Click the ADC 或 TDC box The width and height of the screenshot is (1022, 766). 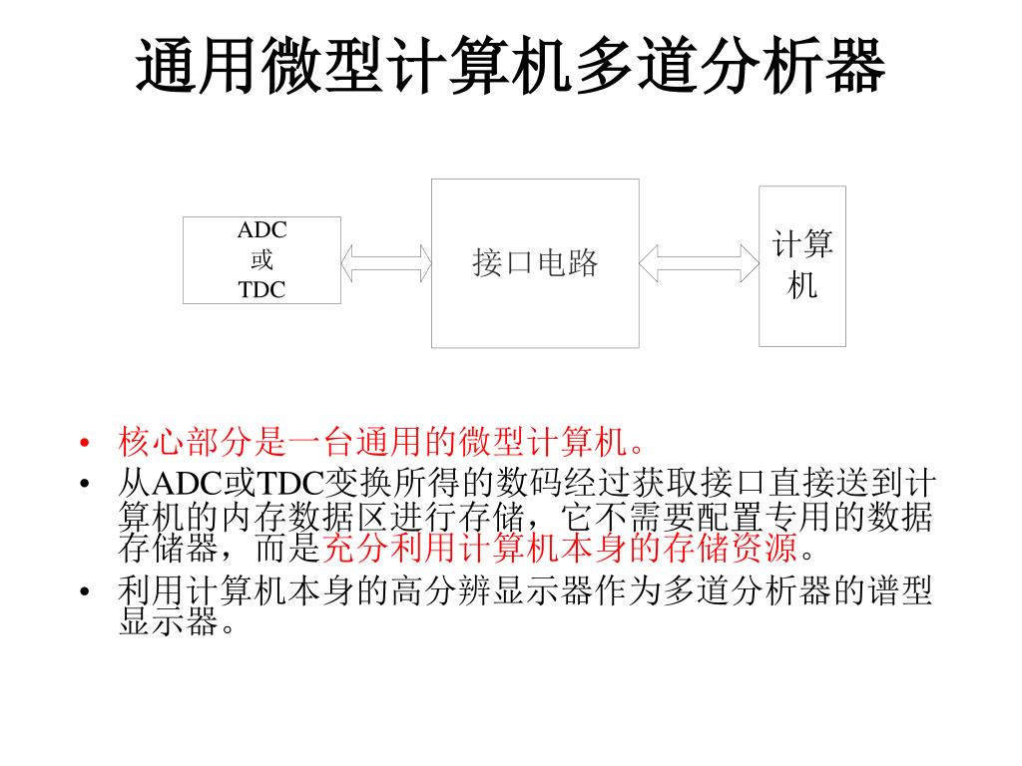click(x=261, y=260)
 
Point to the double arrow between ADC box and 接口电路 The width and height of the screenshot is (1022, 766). click(x=385, y=262)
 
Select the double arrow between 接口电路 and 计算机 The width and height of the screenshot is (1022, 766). click(x=699, y=263)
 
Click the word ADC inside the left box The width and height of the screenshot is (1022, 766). click(x=261, y=230)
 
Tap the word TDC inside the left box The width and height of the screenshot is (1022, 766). click(x=261, y=290)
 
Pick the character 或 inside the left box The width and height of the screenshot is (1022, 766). click(x=261, y=260)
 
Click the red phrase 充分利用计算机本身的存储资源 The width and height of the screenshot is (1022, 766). click(x=563, y=548)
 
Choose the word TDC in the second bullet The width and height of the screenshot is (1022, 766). click(x=288, y=485)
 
